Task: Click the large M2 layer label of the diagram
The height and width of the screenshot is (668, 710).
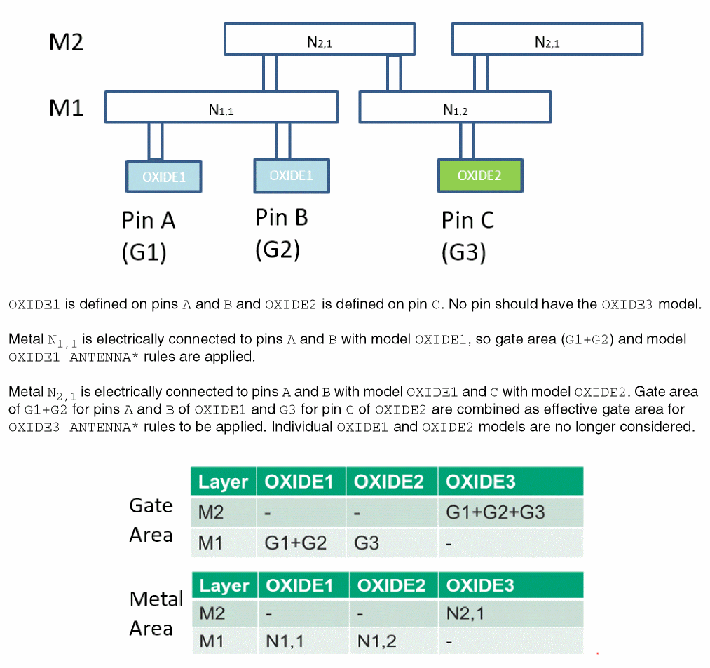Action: (x=66, y=42)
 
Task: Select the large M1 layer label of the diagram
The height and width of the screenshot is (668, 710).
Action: (x=66, y=109)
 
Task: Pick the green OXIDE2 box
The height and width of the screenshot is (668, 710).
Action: (x=479, y=175)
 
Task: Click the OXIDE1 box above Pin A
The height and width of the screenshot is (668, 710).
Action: (x=163, y=176)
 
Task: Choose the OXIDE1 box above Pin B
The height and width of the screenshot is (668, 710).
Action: (x=290, y=175)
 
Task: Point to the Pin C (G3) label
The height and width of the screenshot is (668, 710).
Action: (x=467, y=236)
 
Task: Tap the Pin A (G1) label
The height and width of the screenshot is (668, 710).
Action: (x=148, y=236)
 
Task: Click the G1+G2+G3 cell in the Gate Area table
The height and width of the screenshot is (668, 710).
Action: (x=495, y=512)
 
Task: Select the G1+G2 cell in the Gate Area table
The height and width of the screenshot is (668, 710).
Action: (x=295, y=543)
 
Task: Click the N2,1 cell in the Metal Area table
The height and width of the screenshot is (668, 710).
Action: (x=465, y=614)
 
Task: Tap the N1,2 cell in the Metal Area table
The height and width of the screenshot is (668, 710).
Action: (x=376, y=641)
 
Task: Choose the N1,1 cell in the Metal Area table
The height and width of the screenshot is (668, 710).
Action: (x=285, y=641)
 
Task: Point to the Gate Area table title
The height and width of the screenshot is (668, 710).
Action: (x=151, y=520)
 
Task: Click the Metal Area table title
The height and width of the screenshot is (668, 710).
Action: (x=156, y=614)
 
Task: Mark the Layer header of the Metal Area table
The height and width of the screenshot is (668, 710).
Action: (x=224, y=585)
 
